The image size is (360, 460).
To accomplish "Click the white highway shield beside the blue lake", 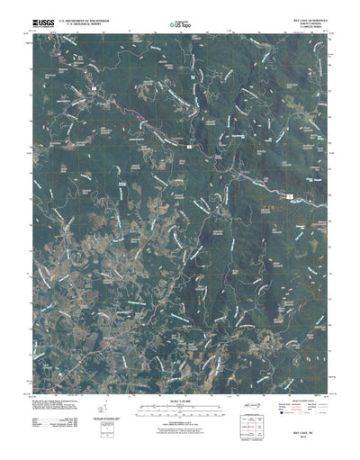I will point(290,193).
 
